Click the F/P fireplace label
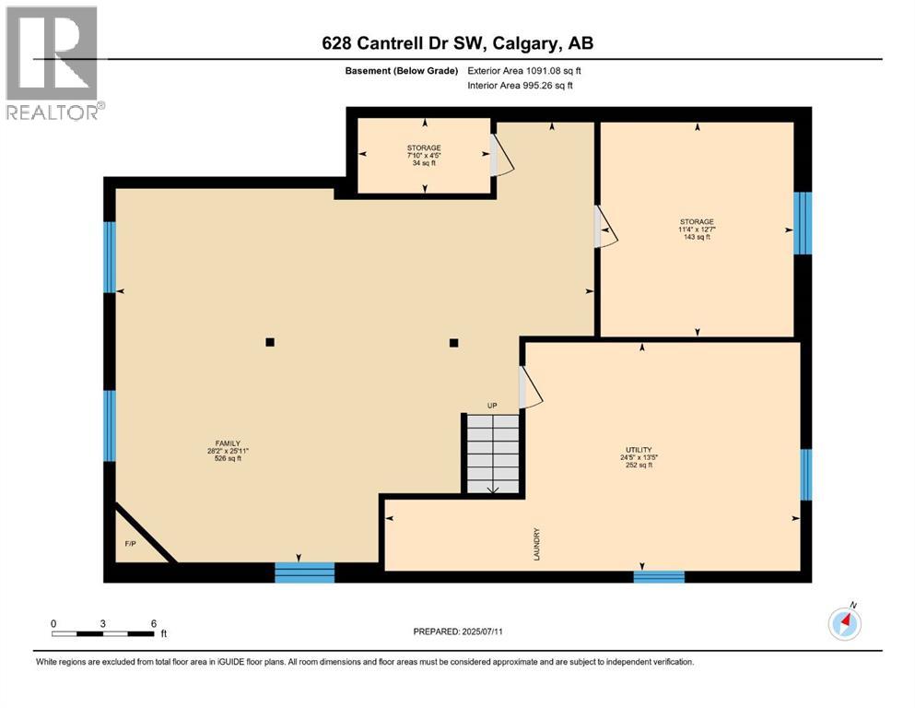(x=130, y=544)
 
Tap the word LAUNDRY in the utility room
(x=534, y=543)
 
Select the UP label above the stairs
(x=493, y=406)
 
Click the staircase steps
(x=492, y=454)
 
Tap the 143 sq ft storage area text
(x=697, y=237)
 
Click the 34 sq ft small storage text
(x=424, y=163)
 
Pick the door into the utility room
(x=531, y=387)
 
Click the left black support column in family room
(x=270, y=342)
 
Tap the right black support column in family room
(x=453, y=343)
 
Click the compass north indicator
(x=844, y=624)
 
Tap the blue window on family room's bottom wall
(x=304, y=573)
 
